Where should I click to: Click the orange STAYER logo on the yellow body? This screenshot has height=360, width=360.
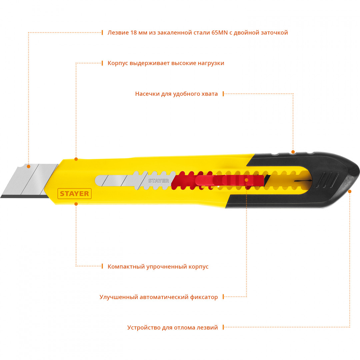point(74,194)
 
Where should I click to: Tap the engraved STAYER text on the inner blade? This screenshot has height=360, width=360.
point(158,181)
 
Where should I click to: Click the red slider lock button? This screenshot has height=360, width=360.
point(230,180)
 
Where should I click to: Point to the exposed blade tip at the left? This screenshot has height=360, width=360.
point(1,197)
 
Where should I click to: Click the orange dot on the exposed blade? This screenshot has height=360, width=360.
point(29,166)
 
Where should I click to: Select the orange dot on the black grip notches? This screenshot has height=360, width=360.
point(293,152)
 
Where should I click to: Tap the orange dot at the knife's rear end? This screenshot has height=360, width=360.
point(350,191)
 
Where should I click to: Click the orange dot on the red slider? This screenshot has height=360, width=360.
point(247,180)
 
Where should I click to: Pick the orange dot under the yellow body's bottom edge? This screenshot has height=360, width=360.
point(76,204)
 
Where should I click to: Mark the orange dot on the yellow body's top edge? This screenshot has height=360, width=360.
point(76,159)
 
